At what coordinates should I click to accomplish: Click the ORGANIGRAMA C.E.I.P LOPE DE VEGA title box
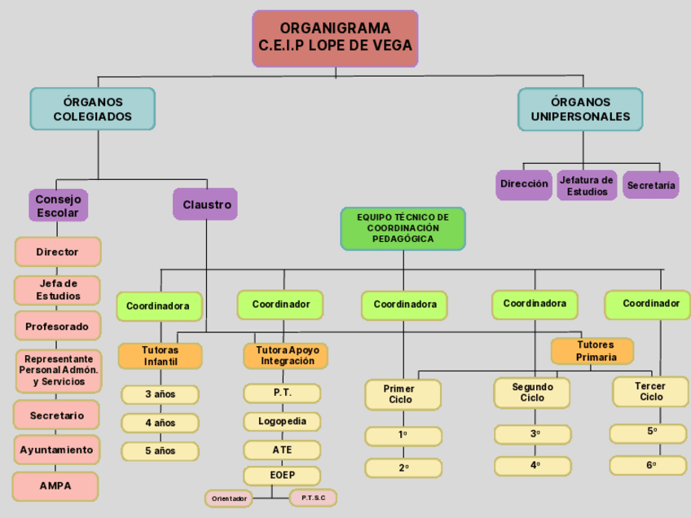(x=335, y=38)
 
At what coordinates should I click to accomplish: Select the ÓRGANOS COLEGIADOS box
(x=92, y=109)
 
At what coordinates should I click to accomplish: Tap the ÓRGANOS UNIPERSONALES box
(x=580, y=109)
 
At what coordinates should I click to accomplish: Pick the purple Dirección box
(x=524, y=185)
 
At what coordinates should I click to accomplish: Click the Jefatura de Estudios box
(x=587, y=186)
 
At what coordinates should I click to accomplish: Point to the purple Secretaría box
(x=651, y=186)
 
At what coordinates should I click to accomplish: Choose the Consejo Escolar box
(x=58, y=206)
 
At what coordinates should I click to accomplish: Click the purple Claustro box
(x=205, y=204)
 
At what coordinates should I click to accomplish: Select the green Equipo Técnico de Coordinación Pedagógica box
(x=403, y=228)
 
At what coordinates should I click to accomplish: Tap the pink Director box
(x=57, y=252)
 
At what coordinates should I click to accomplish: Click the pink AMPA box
(x=55, y=486)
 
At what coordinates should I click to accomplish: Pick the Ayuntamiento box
(x=57, y=450)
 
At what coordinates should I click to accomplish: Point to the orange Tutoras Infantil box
(x=161, y=356)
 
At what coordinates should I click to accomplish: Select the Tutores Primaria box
(x=592, y=351)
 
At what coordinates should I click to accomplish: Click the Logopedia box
(x=282, y=422)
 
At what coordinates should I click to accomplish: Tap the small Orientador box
(x=229, y=498)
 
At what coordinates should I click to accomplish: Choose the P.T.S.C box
(x=313, y=497)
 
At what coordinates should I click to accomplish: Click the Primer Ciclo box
(x=402, y=394)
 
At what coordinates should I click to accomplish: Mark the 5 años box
(x=161, y=451)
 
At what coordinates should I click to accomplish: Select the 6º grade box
(x=649, y=465)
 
